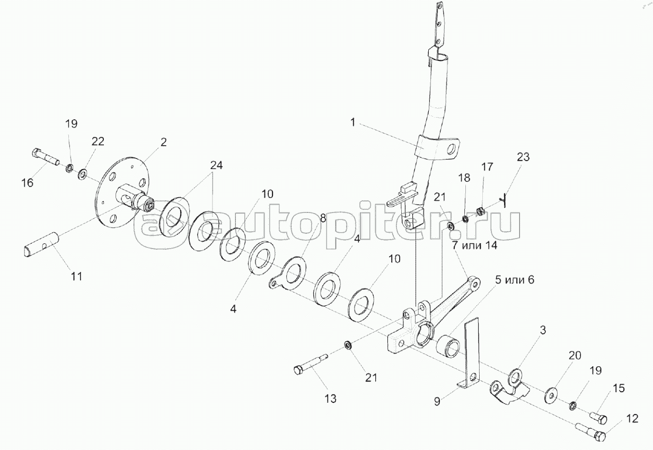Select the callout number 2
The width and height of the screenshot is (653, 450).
pos(163,142)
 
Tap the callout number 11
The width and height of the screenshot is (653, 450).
pos(77,276)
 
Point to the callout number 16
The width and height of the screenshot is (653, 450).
pos(27,183)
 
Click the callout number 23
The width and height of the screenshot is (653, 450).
pos(523,157)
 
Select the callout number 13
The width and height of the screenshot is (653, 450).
pos(330,399)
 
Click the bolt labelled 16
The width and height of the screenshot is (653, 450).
pos(46,156)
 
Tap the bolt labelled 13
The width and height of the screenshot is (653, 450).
pos(313,366)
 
